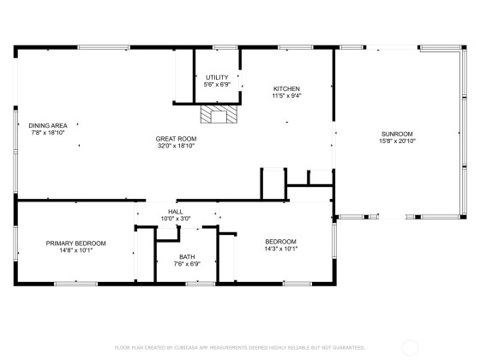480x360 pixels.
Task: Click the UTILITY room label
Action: coord(217,77)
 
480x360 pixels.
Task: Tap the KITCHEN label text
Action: coord(286,89)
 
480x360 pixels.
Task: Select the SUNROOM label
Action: coord(397,134)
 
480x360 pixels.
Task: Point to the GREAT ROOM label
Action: coord(176,139)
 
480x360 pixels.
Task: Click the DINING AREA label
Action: coord(48,125)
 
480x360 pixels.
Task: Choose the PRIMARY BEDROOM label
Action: coord(76,243)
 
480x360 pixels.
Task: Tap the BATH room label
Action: coord(187,257)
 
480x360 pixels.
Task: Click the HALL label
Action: coord(176,212)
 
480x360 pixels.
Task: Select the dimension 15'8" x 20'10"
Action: coord(397,141)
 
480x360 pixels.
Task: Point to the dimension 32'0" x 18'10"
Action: coord(176,146)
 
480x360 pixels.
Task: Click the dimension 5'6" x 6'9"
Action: coord(217,85)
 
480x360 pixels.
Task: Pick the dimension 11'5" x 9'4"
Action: coord(286,96)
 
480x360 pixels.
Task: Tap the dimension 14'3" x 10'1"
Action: coord(281,249)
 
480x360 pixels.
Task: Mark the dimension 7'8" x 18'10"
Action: coord(48,133)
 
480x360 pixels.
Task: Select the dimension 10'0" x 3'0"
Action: coord(176,219)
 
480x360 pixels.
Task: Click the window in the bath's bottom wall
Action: coord(201,284)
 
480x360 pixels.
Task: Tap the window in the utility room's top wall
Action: coord(225,47)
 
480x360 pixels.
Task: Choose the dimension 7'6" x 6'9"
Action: coord(187,264)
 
